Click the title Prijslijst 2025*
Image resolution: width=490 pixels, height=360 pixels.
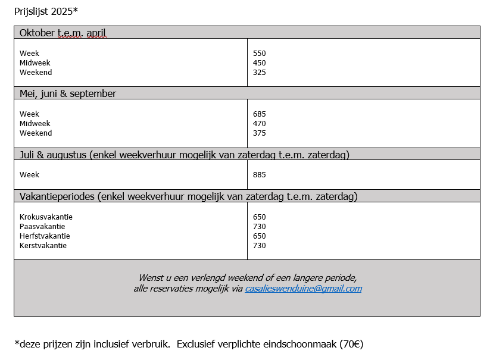click(x=46, y=11)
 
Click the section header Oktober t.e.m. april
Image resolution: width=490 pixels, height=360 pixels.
click(x=63, y=33)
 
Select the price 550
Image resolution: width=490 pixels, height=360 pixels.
click(x=259, y=54)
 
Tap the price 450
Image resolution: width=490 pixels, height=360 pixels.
click(x=259, y=63)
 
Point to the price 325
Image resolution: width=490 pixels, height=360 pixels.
click(x=259, y=73)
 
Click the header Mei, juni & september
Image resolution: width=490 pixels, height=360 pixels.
click(x=68, y=93)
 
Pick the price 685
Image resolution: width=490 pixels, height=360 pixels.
click(x=259, y=114)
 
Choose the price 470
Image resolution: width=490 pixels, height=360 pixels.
click(x=259, y=124)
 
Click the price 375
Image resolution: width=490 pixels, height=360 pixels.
click(x=259, y=133)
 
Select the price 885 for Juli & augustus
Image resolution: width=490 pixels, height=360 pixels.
click(x=259, y=175)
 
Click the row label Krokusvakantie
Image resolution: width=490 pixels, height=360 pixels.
click(x=46, y=217)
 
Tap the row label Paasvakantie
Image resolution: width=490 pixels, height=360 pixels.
click(x=42, y=227)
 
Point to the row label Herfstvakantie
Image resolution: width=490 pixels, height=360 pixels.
click(x=45, y=236)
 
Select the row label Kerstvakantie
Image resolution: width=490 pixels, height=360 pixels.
click(x=43, y=246)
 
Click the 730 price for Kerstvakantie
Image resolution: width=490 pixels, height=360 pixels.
click(x=259, y=246)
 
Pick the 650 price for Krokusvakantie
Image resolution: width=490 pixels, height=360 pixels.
click(x=259, y=217)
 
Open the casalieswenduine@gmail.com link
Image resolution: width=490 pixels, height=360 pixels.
click(x=303, y=289)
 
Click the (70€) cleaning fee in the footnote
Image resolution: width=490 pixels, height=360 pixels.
click(x=351, y=344)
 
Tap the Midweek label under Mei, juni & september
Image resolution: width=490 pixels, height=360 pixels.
click(x=35, y=124)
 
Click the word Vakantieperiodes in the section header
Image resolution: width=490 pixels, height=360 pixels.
click(x=57, y=196)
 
